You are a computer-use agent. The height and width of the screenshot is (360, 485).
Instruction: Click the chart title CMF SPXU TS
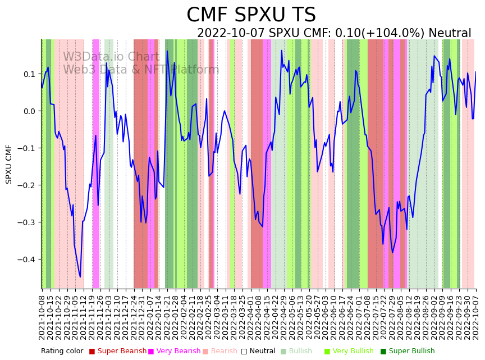coord(251,15)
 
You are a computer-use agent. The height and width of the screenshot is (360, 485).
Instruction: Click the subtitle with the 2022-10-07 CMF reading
coord(334,34)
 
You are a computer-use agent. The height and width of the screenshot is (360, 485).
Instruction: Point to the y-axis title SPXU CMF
coord(9,164)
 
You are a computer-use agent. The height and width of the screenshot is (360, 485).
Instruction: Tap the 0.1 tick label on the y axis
coord(29,74)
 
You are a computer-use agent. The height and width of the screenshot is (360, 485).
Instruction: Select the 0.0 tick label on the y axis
coord(29,111)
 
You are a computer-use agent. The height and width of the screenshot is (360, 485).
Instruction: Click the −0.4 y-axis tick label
coord(27,259)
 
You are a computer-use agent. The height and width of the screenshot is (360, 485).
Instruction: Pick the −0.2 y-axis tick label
coord(27,185)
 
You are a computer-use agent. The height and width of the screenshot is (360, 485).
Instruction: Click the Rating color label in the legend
coord(62,352)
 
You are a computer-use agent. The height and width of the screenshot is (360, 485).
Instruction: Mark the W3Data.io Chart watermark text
coord(111,57)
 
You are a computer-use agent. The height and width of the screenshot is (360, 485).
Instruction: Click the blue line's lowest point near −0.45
coord(80,277)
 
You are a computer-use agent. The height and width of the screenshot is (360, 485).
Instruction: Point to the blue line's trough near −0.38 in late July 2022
coord(392,253)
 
